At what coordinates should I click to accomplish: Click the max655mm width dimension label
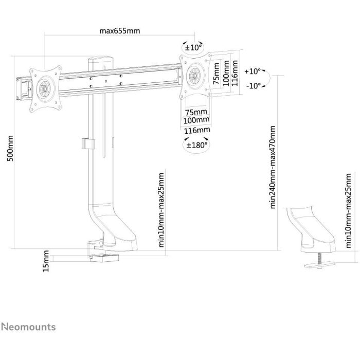pyautogui.click(x=119, y=30)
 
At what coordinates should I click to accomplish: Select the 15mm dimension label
pyautogui.click(x=46, y=261)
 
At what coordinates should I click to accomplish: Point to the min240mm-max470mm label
pyautogui.click(x=273, y=167)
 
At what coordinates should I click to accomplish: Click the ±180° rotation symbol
pyautogui.click(x=196, y=145)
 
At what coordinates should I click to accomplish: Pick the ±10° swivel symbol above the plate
pyautogui.click(x=193, y=48)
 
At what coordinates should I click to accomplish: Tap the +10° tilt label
pyautogui.click(x=253, y=71)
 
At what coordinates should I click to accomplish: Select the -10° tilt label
pyautogui.click(x=253, y=86)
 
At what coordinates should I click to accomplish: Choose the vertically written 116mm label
pyautogui.click(x=235, y=73)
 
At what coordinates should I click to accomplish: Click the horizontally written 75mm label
pyautogui.click(x=196, y=112)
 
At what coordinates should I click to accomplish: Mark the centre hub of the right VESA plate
pyautogui.click(x=195, y=74)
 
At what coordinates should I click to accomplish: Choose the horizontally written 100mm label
pyautogui.click(x=196, y=120)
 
